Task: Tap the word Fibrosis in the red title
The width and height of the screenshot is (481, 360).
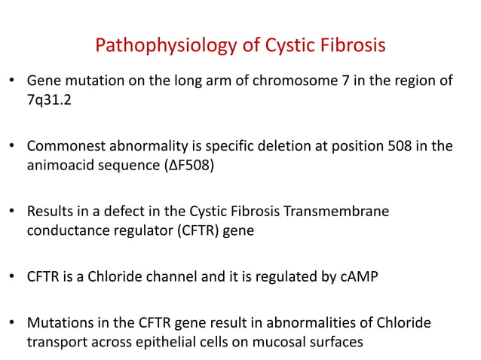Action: pyautogui.click(x=348, y=46)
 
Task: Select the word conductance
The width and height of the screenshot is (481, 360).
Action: pyautogui.click(x=68, y=230)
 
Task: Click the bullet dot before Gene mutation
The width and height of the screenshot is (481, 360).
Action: pyautogui.click(x=12, y=81)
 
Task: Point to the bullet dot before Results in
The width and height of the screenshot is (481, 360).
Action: pyautogui.click(x=12, y=212)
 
